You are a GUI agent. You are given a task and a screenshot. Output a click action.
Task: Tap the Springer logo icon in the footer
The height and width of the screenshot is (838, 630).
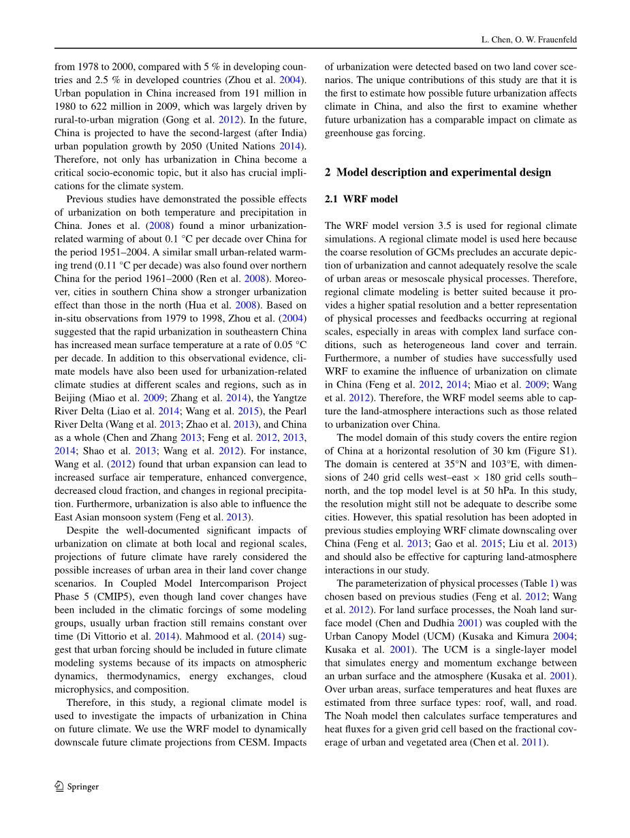click(59, 786)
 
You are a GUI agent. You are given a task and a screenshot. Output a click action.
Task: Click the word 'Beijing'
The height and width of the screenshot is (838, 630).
click(70, 398)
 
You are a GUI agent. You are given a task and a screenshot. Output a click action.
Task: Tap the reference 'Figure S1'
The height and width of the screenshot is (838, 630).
click(553, 451)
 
